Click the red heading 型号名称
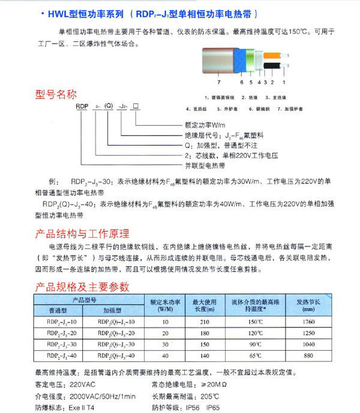pos(58,94)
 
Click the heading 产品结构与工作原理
pos(83,233)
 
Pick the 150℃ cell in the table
pos(255,322)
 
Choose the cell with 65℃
pos(255,356)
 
